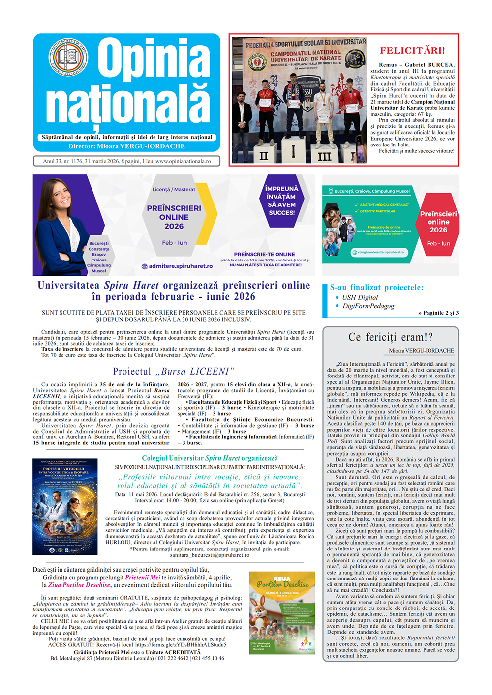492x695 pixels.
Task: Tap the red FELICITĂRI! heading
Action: coord(412,51)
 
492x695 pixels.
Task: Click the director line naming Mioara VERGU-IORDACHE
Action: coord(126,146)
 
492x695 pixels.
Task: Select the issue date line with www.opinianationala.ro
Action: coord(126,161)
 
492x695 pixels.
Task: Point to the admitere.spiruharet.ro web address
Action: coord(181,266)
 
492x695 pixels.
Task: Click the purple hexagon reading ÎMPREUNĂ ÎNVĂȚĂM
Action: coord(281,201)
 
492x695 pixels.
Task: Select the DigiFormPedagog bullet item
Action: coord(368,306)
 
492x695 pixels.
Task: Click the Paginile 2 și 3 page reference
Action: coord(438,313)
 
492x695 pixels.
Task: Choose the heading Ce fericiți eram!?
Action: coord(390,337)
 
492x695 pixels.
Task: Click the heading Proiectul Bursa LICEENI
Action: coord(173,371)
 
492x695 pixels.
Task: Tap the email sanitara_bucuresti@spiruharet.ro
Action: coord(210,555)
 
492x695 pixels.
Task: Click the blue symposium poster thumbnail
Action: coord(65,506)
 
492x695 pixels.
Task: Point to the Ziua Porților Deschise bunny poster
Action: coord(282,612)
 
